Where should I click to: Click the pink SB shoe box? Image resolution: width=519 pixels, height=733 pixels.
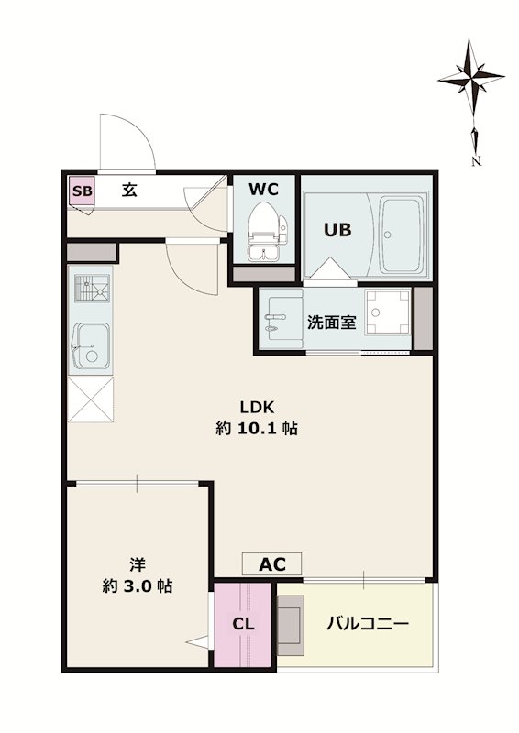[x=82, y=191]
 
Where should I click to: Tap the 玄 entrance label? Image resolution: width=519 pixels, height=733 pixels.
[x=129, y=190]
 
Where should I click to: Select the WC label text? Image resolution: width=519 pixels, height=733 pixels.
[x=263, y=190]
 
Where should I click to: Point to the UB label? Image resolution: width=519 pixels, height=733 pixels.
[x=337, y=230]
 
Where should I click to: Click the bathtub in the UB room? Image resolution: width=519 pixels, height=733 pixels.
[x=402, y=235]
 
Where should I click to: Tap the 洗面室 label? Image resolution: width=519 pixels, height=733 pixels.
[x=331, y=323]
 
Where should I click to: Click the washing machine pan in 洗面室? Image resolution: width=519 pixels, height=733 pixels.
[x=387, y=312]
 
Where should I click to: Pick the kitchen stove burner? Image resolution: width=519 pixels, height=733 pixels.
[x=92, y=288]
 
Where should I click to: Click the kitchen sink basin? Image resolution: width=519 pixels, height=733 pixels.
[x=92, y=346]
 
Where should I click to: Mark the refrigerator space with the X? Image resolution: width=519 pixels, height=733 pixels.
[x=91, y=400]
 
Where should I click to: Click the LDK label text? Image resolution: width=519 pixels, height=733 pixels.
[x=257, y=407]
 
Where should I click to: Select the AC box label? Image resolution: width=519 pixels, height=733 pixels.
[x=272, y=564]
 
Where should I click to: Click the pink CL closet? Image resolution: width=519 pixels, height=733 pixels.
[x=242, y=624]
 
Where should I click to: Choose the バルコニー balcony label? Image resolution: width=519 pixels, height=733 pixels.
[x=368, y=624]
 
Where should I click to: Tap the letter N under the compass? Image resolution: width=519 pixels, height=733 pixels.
[x=477, y=161]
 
